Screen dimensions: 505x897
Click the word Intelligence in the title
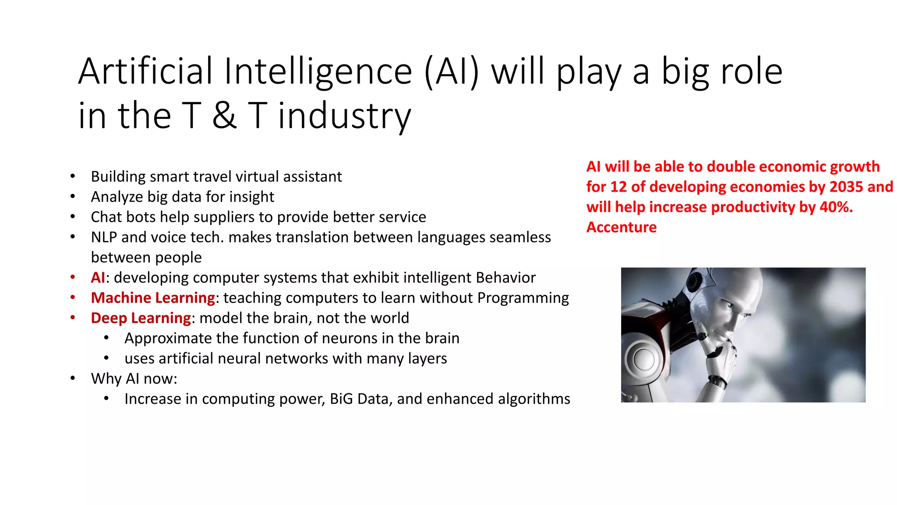318,71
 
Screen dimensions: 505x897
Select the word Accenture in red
622,227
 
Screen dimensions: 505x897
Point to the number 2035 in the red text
846,187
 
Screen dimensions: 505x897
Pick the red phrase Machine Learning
153,298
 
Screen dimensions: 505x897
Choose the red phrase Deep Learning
141,318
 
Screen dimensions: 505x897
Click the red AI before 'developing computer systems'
98,277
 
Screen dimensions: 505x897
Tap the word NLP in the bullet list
104,237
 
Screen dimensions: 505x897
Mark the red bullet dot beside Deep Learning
73,317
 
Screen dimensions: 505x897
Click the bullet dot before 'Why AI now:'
73,378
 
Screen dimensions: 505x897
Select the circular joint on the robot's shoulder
642,359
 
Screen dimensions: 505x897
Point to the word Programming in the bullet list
523,298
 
